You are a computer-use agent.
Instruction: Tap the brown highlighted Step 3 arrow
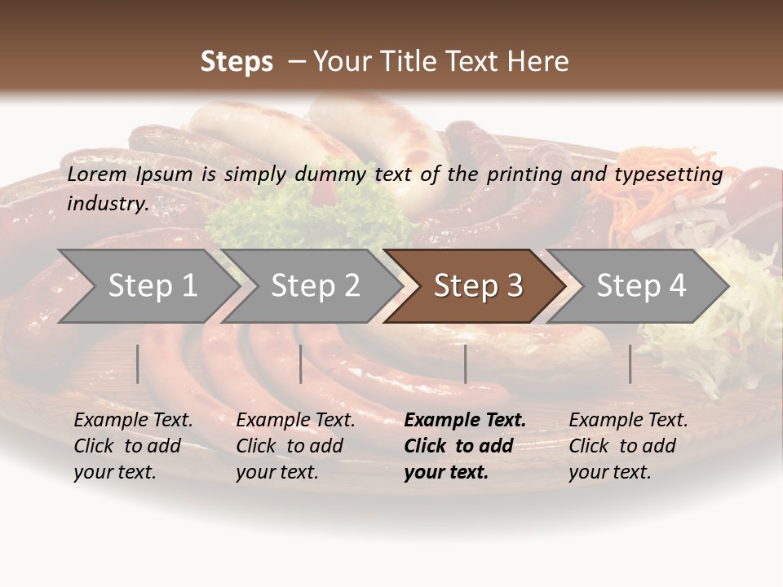478,286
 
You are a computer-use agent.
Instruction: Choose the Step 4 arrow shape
641,286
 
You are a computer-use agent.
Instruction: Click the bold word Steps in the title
237,62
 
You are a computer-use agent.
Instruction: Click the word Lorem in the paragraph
96,174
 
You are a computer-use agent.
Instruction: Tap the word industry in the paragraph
108,204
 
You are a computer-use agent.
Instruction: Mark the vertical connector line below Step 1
138,364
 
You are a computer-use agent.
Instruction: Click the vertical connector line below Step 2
301,364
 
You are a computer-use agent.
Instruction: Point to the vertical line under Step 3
465,364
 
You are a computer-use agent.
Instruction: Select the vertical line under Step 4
630,364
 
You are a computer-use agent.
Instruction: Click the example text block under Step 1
133,446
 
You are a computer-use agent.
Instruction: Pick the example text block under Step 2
295,446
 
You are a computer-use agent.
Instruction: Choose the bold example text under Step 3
465,446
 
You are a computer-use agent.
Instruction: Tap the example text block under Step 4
628,446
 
